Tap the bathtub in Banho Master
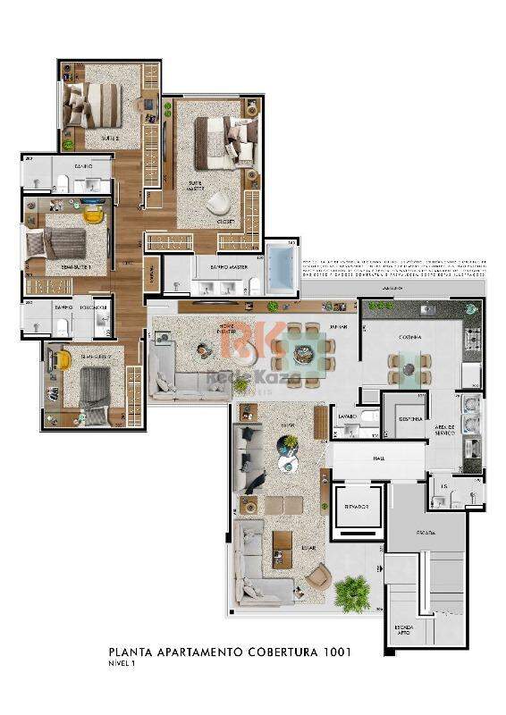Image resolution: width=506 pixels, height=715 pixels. (x=284, y=265)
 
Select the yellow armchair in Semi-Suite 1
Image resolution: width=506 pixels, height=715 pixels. (x=92, y=214)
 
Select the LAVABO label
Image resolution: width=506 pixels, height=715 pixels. (x=347, y=416)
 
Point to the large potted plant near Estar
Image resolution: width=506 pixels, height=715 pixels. (x=350, y=589)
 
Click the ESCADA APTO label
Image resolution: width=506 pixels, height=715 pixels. (x=401, y=631)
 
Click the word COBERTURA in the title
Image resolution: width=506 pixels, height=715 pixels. (x=268, y=652)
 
